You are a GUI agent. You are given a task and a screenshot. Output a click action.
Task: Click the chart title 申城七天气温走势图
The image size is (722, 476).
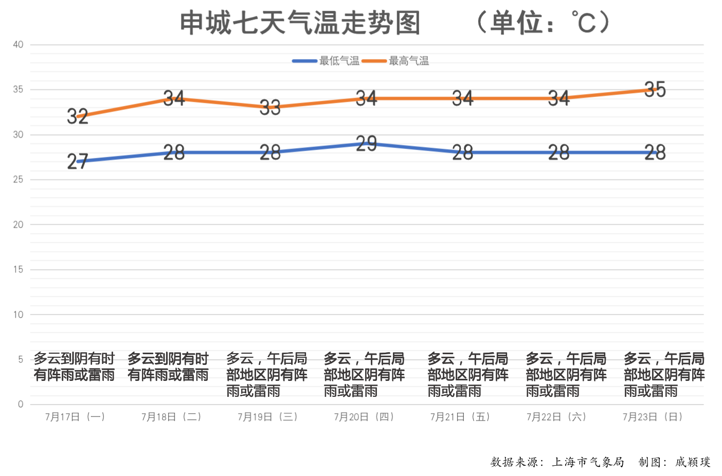tap(300, 23)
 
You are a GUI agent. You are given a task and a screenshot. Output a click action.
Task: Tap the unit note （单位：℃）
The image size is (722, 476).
tap(543, 23)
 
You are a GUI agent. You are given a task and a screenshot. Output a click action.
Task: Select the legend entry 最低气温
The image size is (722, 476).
tap(339, 61)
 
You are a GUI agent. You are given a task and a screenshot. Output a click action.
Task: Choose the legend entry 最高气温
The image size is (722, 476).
tap(408, 61)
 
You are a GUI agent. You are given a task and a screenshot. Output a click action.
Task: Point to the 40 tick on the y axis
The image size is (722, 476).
tap(19, 45)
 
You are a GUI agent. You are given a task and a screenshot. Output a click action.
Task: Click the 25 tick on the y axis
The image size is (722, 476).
tap(19, 179)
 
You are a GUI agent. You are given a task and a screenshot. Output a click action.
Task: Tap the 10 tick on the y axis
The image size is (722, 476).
tap(19, 315)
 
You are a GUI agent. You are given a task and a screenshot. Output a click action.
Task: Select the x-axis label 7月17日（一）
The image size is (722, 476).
tap(75, 417)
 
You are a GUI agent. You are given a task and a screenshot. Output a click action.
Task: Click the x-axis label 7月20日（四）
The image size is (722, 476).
tap(364, 417)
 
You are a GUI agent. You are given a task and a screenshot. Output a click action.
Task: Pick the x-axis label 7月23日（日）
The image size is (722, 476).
tap(653, 417)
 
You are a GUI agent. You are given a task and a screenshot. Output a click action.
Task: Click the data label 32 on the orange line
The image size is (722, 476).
tap(78, 116)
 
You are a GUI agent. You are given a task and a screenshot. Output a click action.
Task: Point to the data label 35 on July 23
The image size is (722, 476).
tap(655, 89)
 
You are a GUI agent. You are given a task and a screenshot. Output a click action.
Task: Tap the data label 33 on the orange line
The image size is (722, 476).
tap(270, 107)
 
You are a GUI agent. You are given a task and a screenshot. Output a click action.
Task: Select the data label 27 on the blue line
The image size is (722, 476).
tap(78, 161)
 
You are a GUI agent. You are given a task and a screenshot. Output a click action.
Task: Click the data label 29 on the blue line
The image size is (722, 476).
tap(366, 143)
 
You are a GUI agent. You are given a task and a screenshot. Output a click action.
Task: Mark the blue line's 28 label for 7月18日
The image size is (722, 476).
tap(174, 153)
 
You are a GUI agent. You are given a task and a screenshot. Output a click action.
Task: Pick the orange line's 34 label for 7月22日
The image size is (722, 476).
tap(559, 98)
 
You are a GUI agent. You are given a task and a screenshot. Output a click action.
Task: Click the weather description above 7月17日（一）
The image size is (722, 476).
tap(74, 367)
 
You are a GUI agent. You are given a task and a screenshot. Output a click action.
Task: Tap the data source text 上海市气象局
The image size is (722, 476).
tap(588, 462)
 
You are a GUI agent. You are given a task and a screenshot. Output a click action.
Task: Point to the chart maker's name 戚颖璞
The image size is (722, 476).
tap(693, 462)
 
